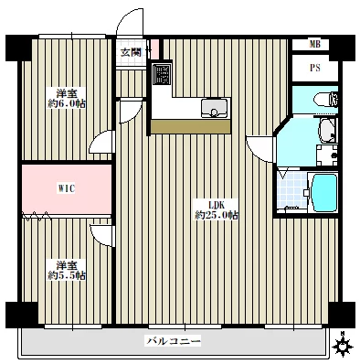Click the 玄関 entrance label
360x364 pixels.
pyautogui.click(x=131, y=52)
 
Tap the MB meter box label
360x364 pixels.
pyautogui.click(x=315, y=45)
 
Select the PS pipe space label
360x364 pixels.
pyautogui.click(x=315, y=68)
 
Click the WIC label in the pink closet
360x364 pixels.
pyautogui.click(x=66, y=188)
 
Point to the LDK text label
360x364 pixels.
pyautogui.click(x=217, y=204)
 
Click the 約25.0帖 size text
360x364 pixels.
pyautogui.click(x=217, y=216)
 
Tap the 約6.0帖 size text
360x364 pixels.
pyautogui.click(x=67, y=103)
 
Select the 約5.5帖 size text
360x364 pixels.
pyautogui.click(x=67, y=275)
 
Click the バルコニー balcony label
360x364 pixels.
pyautogui.click(x=174, y=340)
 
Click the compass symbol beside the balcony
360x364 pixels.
pyautogui.click(x=343, y=347)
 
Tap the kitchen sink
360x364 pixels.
pyautogui.click(x=214, y=108)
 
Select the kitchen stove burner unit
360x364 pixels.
pyautogui.click(x=162, y=74)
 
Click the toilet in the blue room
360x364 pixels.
pyautogui.click(x=325, y=100)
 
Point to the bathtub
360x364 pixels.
pyautogui.click(x=323, y=193)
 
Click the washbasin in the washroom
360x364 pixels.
pyautogui.click(x=327, y=131)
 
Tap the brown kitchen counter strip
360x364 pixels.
pyautogui.click(x=191, y=126)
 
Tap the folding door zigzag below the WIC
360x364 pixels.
pyautogui.click(x=37, y=215)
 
